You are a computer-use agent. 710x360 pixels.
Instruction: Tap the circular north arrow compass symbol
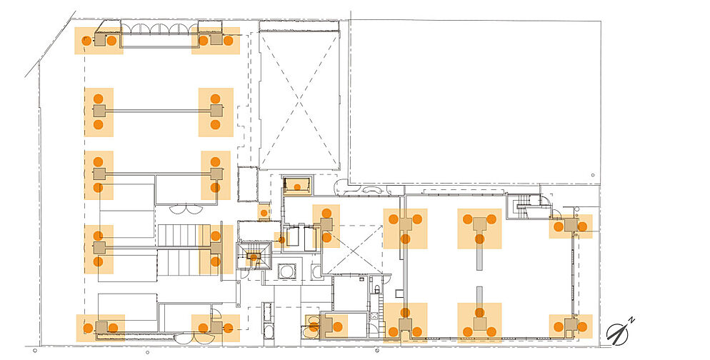618,334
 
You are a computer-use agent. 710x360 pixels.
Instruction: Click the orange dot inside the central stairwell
254,257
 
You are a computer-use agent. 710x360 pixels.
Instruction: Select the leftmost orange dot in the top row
86,40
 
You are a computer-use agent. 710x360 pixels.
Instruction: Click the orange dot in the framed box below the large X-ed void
297,186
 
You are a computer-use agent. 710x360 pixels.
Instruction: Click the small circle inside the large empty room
593,175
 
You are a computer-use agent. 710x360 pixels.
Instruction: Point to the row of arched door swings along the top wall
160,29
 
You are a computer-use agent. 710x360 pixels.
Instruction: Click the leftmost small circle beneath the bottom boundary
35,351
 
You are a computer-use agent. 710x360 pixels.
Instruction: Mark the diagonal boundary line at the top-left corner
50,44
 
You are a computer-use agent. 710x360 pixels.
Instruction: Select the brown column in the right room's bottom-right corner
571,325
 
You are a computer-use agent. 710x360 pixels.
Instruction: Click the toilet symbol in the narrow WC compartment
376,289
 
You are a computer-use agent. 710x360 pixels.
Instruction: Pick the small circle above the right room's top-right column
576,209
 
